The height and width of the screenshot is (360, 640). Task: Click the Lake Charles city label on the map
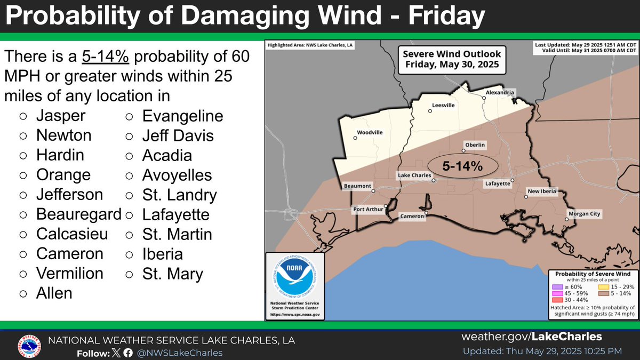pyautogui.click(x=414, y=175)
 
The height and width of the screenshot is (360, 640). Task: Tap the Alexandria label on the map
pyautogui.click(x=500, y=92)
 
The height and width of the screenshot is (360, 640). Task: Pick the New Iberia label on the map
pyautogui.click(x=541, y=191)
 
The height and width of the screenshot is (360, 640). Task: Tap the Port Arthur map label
pyautogui.click(x=368, y=209)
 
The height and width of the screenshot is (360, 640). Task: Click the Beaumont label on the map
pyautogui.click(x=357, y=186)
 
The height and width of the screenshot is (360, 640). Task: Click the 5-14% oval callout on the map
pyautogui.click(x=462, y=166)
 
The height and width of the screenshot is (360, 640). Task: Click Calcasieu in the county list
pyautogui.click(x=72, y=234)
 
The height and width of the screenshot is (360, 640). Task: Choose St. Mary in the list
pyautogui.click(x=172, y=274)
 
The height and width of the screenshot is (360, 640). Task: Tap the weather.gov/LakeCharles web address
pyautogui.click(x=531, y=337)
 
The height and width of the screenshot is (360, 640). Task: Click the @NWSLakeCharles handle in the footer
pyautogui.click(x=180, y=353)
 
